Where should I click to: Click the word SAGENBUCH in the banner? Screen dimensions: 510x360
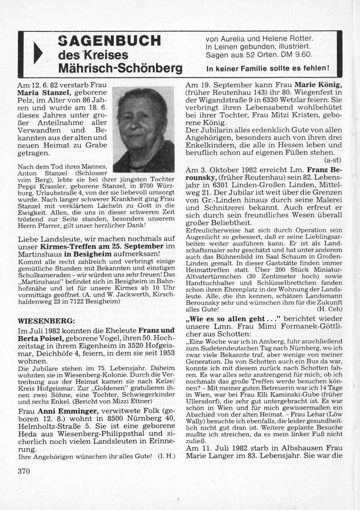pyautogui.click(x=109, y=41)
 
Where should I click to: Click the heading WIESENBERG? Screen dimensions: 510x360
pyautogui.click(x=46, y=321)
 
